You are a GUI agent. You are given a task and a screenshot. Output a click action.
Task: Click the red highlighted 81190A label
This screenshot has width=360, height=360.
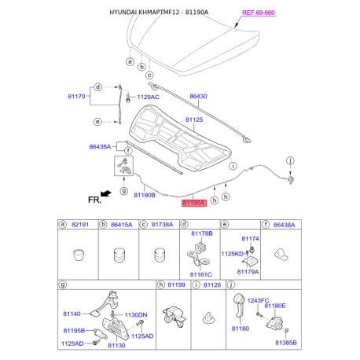(x=194, y=203)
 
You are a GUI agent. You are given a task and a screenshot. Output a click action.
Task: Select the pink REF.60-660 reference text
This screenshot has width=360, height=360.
(x=259, y=13)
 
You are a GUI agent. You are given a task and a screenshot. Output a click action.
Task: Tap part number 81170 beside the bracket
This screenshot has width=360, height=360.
(x=76, y=97)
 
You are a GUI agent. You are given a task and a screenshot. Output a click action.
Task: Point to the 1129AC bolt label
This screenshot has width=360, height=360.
(x=148, y=97)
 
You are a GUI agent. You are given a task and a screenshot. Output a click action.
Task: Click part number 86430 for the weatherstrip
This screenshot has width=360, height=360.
(x=198, y=96)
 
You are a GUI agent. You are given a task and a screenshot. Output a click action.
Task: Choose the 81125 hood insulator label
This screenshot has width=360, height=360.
(x=194, y=119)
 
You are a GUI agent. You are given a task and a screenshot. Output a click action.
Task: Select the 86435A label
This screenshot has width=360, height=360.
(x=100, y=147)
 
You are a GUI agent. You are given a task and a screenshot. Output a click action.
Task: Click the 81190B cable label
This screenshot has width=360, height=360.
(x=145, y=195)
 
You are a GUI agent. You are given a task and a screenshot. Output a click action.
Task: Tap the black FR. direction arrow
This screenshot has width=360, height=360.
(x=106, y=193)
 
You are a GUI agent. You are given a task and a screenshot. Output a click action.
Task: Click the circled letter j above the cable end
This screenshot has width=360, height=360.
(x=290, y=160)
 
